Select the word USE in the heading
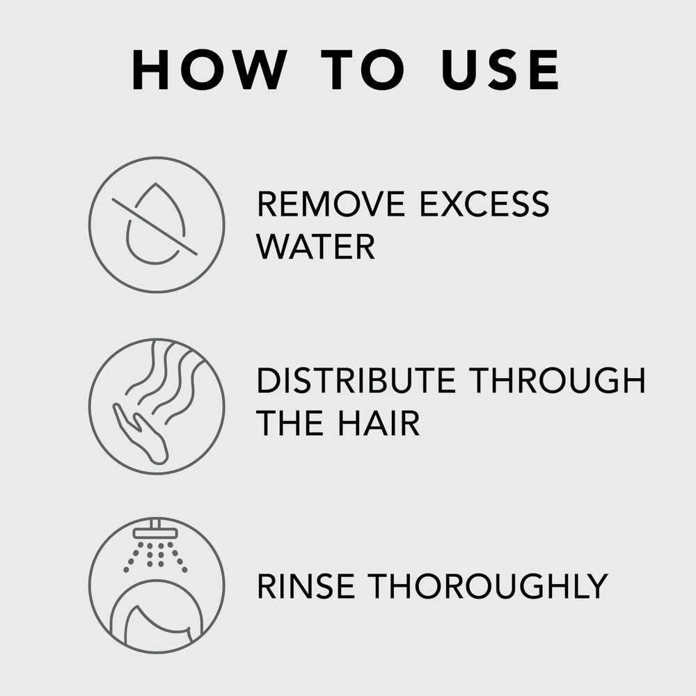500,70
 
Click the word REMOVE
331,204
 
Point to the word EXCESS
484,204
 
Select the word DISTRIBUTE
356,381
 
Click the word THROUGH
557,381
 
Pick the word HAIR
379,423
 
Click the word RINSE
306,586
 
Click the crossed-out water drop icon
157,225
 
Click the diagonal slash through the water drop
155,227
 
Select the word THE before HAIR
290,423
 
